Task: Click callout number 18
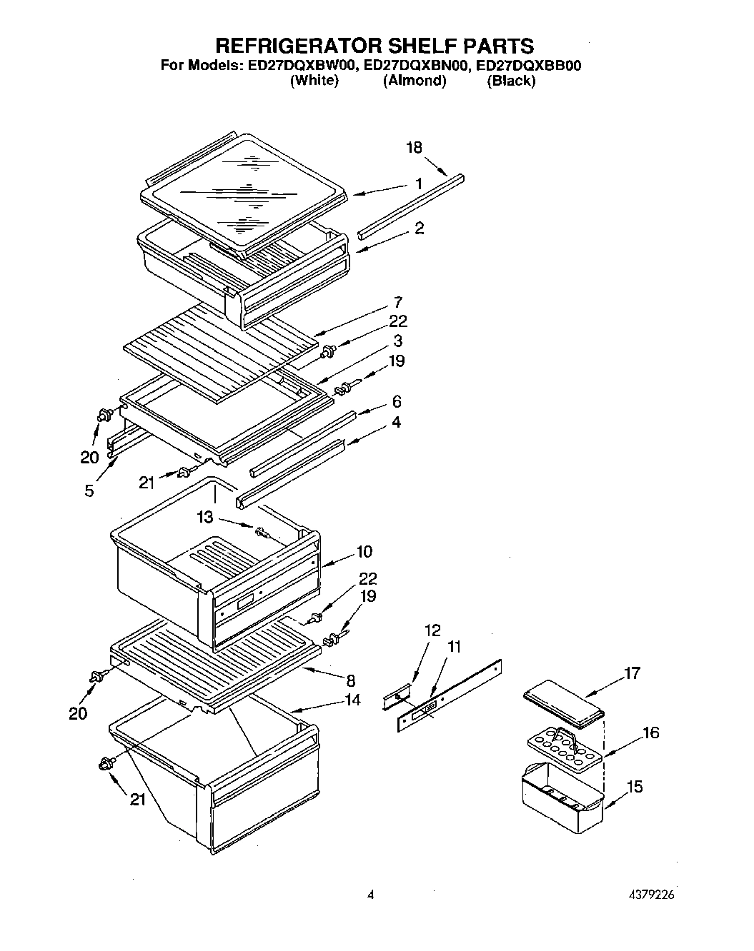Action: point(414,148)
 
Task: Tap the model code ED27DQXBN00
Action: point(416,66)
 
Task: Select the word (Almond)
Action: point(415,81)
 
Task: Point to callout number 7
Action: point(397,302)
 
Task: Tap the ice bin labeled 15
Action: point(562,799)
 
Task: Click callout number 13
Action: point(206,516)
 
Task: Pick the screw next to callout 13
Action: point(260,530)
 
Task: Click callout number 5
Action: point(89,491)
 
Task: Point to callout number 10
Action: point(364,551)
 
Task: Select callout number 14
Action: point(352,700)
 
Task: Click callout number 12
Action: point(432,630)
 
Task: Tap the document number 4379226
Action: point(648,895)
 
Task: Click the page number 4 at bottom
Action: point(369,895)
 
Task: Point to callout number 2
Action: point(419,228)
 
